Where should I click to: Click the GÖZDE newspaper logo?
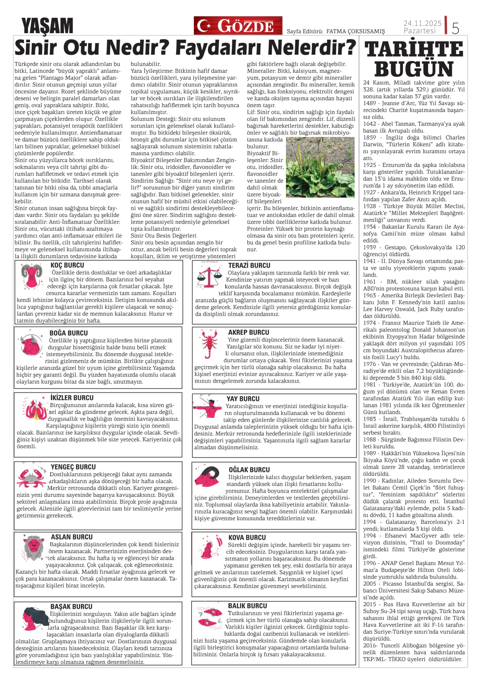point(238,26)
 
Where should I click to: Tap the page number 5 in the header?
point(455,28)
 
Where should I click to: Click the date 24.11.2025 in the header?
point(422,23)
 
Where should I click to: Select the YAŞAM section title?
point(47,26)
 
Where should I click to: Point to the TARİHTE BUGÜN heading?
point(414,59)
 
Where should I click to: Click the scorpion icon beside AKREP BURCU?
point(209,344)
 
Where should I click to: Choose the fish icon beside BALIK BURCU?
point(209,618)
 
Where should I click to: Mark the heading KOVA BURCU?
point(247,537)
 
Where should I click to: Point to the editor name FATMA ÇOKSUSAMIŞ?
point(355,31)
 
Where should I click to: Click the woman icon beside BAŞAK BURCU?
point(33,618)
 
